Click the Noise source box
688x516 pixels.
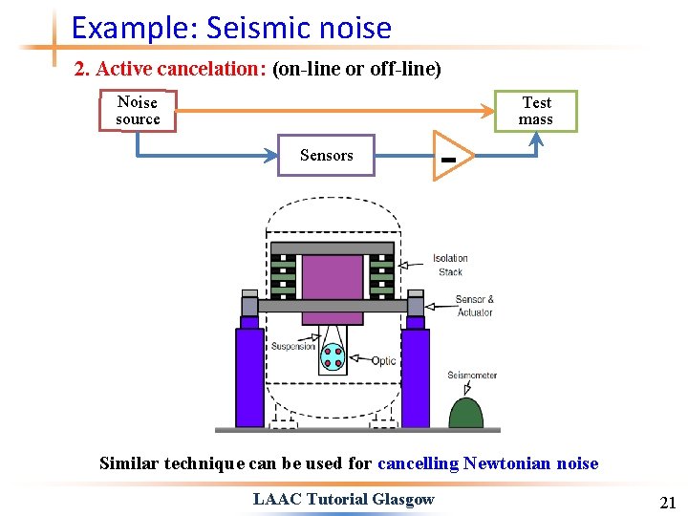tap(138, 111)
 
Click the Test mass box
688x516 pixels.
tap(535, 111)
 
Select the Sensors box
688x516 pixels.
tap(326, 155)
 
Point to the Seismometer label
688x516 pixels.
tap(472, 375)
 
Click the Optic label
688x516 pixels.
tap(384, 361)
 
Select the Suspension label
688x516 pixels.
tap(292, 346)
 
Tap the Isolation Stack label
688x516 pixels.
tap(450, 265)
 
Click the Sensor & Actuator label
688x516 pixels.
tap(475, 306)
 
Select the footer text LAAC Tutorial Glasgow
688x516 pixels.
tap(343, 499)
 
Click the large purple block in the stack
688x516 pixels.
tap(333, 277)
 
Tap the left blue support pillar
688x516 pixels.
tap(249, 376)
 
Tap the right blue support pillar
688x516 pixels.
tap(416, 376)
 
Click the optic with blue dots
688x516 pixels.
tap(333, 356)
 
